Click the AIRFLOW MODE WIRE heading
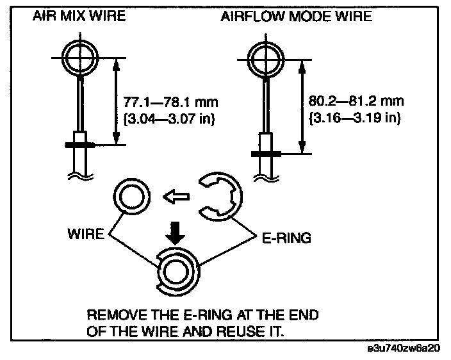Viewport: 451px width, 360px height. coord(296,17)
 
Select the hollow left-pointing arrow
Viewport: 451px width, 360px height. coord(176,198)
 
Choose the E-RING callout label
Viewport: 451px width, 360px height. coord(286,238)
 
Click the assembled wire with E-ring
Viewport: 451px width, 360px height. coord(176,272)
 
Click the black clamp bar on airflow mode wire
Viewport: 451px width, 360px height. coord(264,154)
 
